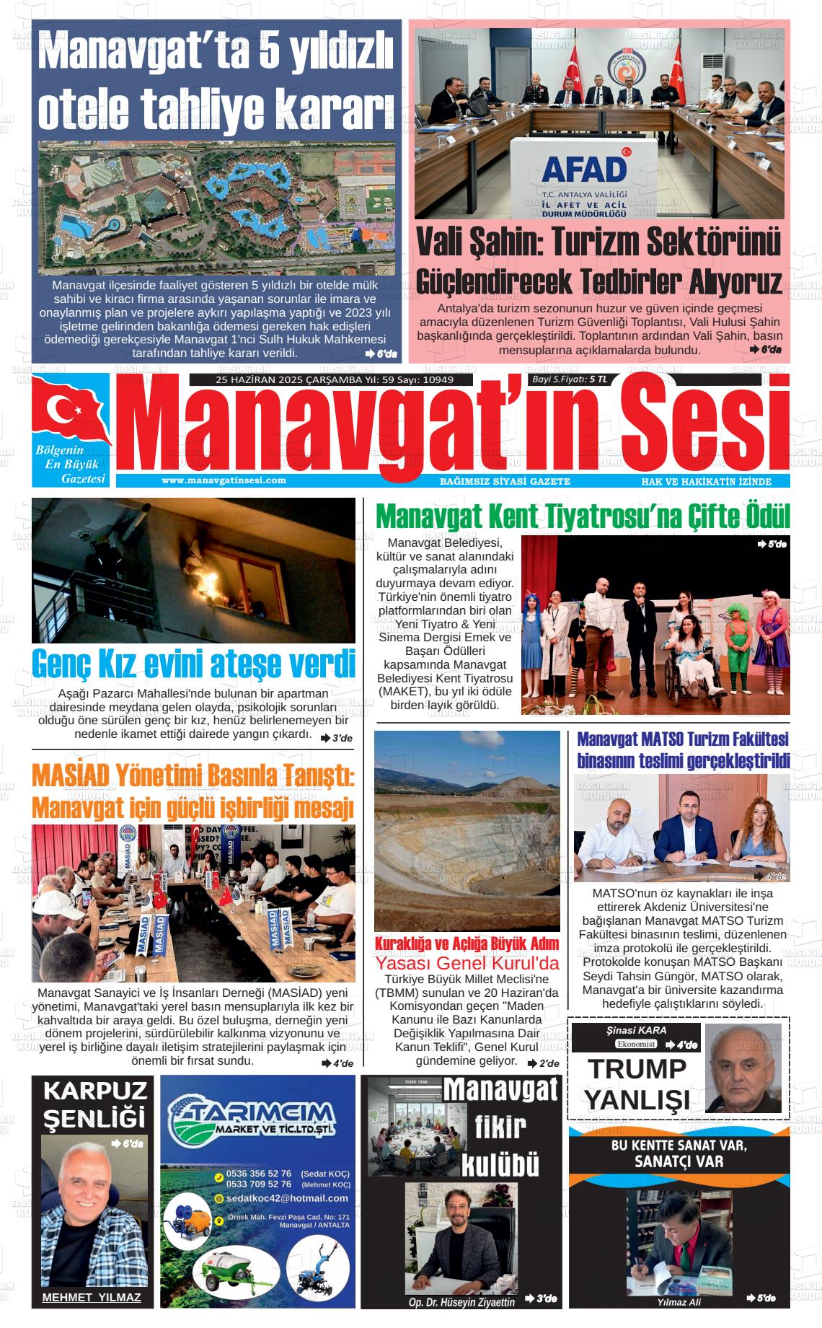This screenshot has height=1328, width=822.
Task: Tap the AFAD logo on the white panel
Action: point(585,168)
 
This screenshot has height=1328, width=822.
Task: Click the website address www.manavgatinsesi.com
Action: point(224,480)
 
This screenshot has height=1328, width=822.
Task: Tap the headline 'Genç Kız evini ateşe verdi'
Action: point(193,664)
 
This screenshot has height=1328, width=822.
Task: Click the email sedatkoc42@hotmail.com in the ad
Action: point(287,1198)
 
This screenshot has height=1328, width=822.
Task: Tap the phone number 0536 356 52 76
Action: point(259,1174)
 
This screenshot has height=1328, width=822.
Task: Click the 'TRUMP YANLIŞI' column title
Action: point(637,1083)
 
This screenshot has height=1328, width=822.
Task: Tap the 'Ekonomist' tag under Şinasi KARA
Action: point(636,1044)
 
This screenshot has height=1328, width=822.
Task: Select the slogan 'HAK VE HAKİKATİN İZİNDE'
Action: point(706,482)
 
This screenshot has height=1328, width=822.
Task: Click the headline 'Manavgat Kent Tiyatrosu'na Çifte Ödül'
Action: point(583,516)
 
